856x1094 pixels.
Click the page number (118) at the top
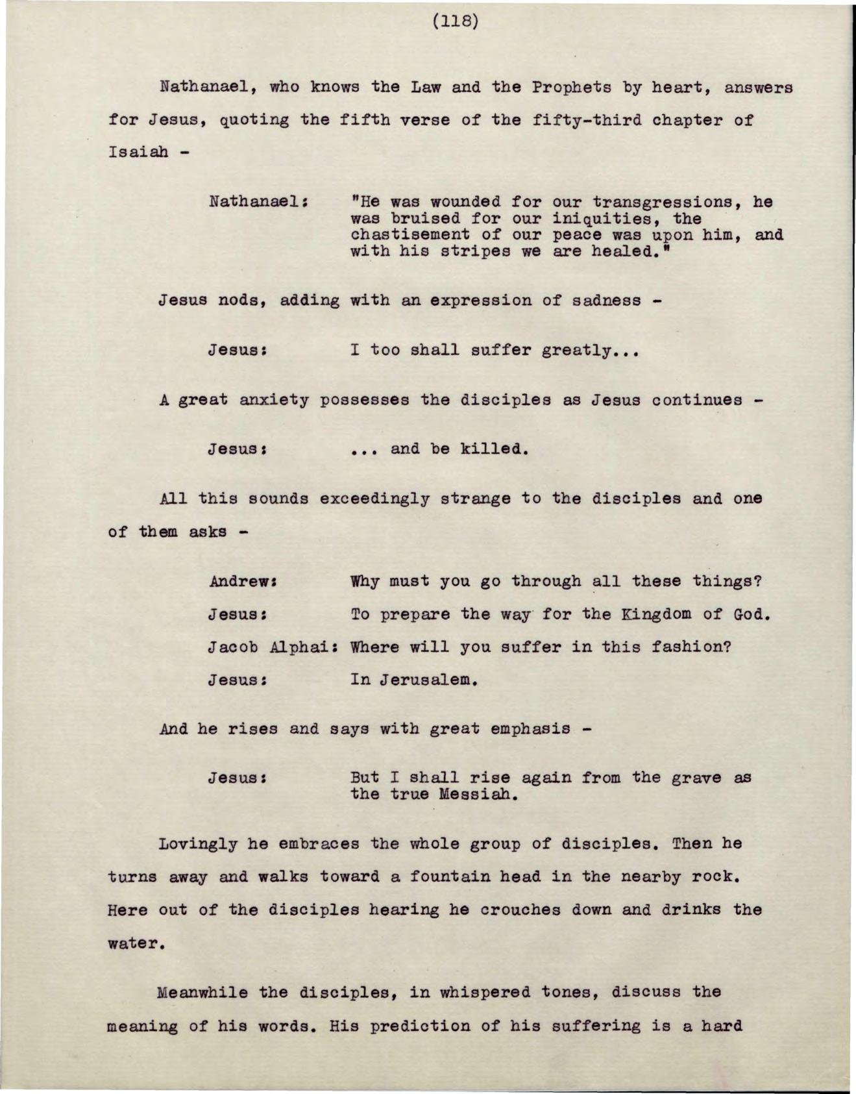click(x=456, y=21)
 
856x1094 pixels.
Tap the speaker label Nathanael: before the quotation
click(x=258, y=201)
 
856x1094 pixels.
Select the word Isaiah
click(x=138, y=152)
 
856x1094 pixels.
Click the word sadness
click(x=605, y=301)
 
